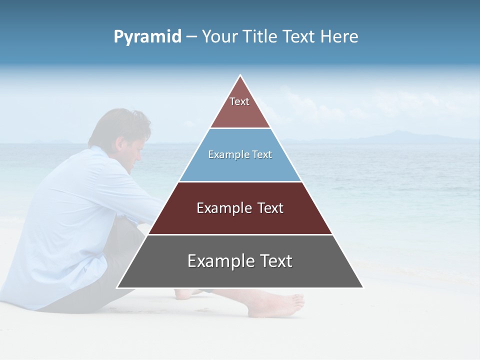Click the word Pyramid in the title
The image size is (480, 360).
147,37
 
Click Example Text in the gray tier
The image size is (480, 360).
240,261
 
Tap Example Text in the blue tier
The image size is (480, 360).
240,154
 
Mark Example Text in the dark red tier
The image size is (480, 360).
240,208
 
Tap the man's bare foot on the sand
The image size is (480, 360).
275,304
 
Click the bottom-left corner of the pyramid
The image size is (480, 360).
118,287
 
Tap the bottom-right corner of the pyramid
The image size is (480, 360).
362,287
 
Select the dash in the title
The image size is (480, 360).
191,37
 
